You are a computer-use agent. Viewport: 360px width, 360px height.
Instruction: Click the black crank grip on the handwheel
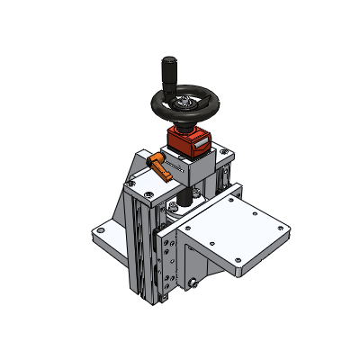click(x=167, y=71)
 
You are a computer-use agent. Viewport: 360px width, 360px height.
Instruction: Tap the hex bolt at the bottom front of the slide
click(x=193, y=286)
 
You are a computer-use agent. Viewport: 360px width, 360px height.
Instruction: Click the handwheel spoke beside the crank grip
click(x=176, y=94)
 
